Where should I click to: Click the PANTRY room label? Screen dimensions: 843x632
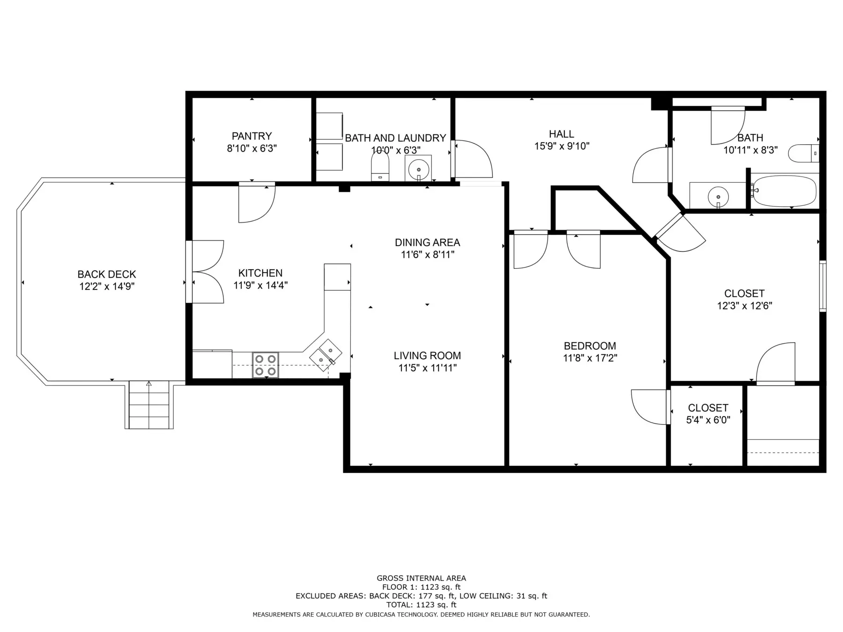coord(251,136)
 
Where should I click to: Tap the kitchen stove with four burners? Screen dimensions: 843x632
coord(266,365)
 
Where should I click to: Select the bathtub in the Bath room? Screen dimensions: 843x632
coord(784,191)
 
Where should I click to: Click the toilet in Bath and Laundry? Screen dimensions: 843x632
coord(380,167)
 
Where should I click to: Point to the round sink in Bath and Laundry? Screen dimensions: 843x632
coord(418,168)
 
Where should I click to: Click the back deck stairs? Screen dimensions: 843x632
coord(149,405)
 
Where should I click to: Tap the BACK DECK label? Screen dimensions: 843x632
coord(107,274)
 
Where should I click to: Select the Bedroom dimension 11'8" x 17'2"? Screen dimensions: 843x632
coord(590,358)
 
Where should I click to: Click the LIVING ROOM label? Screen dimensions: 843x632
coord(427,356)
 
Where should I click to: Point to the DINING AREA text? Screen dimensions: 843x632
coord(427,243)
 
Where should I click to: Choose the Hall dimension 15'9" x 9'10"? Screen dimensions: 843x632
coord(562,146)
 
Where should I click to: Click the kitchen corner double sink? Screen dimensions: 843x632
coord(325,355)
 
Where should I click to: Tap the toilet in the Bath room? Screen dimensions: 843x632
coord(803,154)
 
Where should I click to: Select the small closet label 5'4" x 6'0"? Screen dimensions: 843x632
coord(708,420)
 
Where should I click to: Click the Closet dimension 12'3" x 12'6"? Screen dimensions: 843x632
coord(744,306)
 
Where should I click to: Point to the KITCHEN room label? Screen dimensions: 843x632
coord(260,273)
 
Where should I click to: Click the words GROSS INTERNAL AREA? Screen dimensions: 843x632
coord(421,578)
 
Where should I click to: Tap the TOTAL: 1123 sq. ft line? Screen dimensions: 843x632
coord(421,605)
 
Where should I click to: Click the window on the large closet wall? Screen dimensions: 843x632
coord(822,286)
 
